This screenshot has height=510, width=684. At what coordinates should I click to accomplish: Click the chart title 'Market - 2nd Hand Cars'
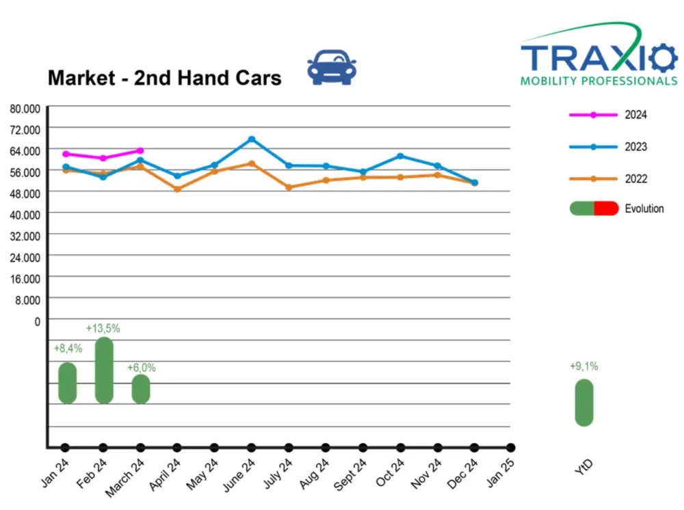point(164,78)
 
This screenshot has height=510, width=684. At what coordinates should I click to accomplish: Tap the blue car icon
point(332,67)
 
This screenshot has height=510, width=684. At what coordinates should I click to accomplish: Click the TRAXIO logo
point(599,57)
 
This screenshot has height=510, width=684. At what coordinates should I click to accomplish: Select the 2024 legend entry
point(608,115)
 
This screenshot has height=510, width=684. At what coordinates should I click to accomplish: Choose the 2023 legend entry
point(608,147)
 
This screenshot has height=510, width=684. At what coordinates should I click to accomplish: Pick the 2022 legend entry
point(608,179)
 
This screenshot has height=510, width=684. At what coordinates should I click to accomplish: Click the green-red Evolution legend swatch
point(594,209)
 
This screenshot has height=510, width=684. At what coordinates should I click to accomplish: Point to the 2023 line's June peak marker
point(252,139)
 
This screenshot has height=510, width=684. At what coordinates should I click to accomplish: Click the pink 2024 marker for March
point(140,150)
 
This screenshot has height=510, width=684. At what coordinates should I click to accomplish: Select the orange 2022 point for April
point(177,189)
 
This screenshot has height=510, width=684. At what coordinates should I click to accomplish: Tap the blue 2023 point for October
point(400,156)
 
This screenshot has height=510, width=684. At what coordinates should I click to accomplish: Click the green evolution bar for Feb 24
point(104,370)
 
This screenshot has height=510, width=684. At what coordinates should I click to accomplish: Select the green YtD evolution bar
point(583,403)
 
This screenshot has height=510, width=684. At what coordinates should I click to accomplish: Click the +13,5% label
point(103,328)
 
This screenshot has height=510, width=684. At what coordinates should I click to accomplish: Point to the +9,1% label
point(583,366)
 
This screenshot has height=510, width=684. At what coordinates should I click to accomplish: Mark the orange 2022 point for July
point(289,187)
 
